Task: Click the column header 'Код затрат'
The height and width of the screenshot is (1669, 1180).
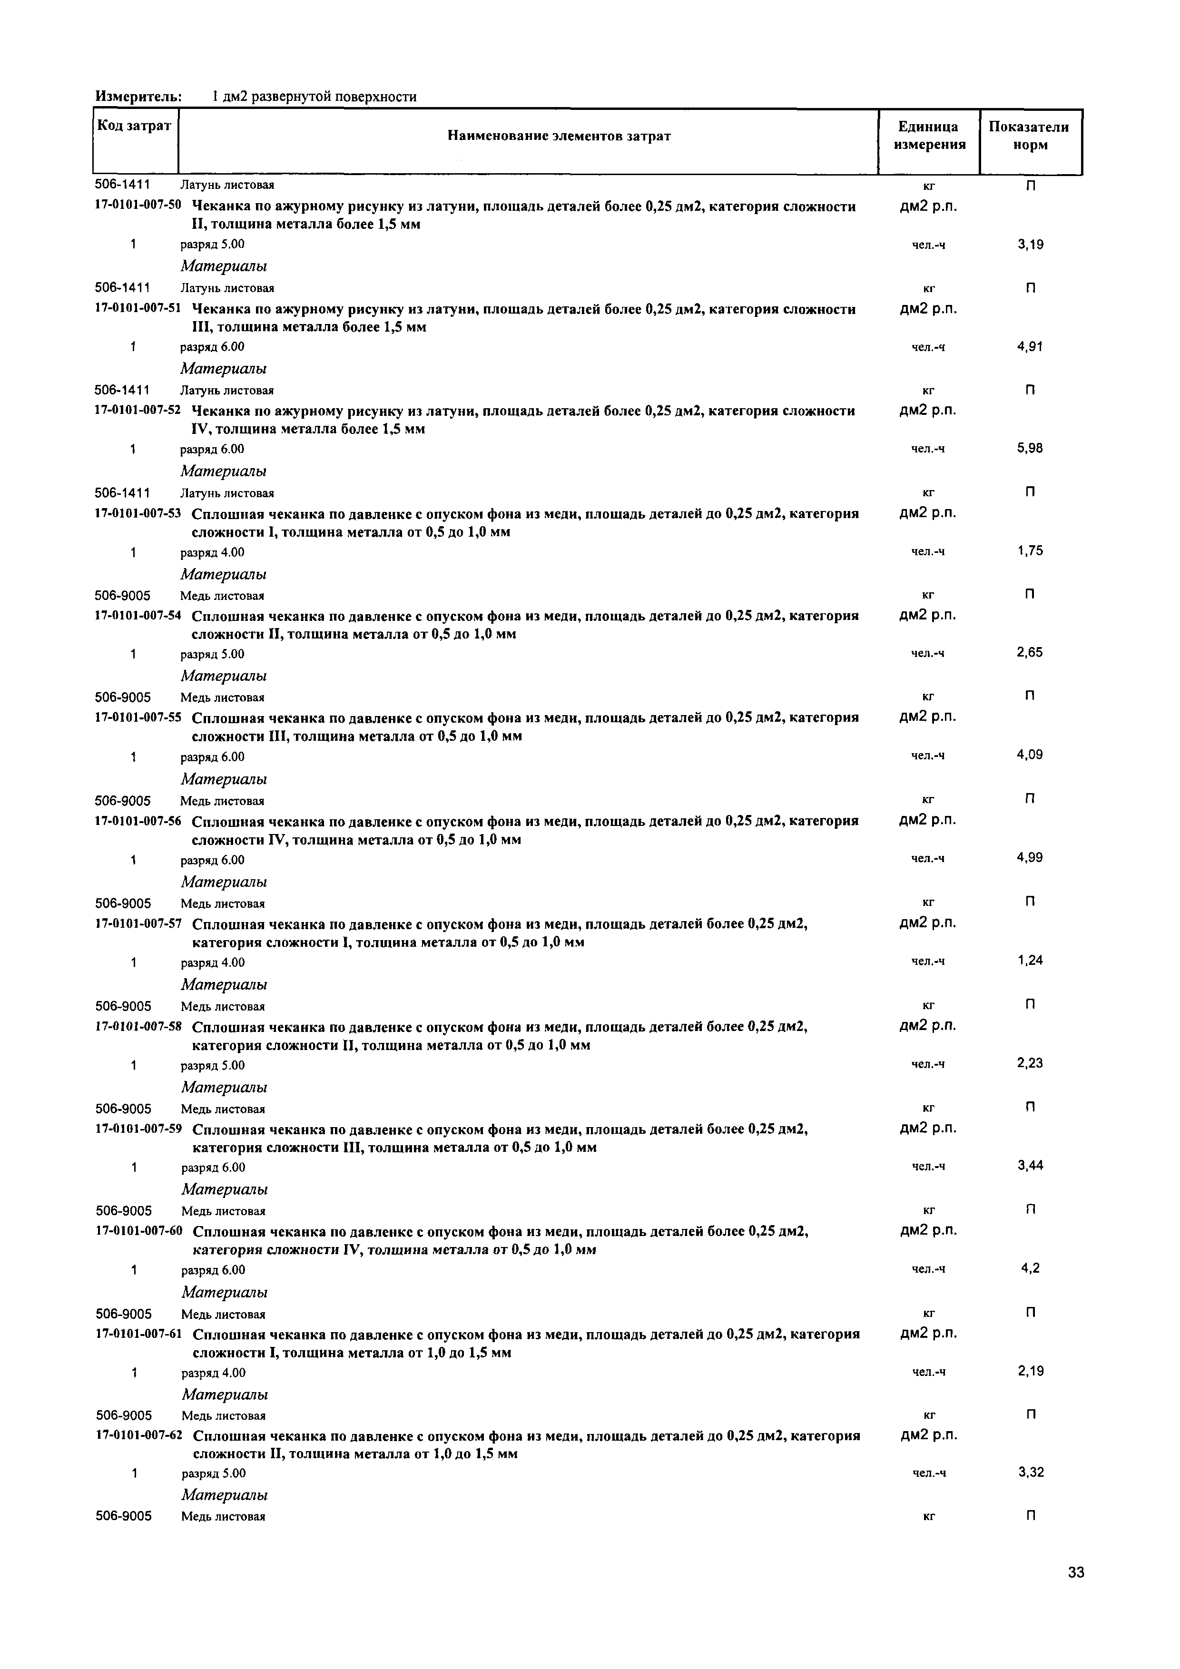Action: pyautogui.click(x=135, y=126)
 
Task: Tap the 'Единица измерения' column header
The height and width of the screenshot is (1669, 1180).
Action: pyautogui.click(x=929, y=136)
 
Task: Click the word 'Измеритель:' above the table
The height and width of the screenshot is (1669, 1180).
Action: pyautogui.click(x=138, y=97)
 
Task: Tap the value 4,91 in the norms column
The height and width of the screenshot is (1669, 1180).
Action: pyautogui.click(x=1030, y=347)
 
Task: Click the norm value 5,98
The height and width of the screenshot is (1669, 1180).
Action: pyautogui.click(x=1030, y=449)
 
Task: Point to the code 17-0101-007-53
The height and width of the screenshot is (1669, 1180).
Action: pyautogui.click(x=138, y=514)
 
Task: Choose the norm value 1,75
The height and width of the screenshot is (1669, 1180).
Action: pyautogui.click(x=1030, y=551)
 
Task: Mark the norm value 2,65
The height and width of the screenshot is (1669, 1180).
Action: pyautogui.click(x=1030, y=653)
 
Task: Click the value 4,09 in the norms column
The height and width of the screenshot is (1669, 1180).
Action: pyautogui.click(x=1030, y=755)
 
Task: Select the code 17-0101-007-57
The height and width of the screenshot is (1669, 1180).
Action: pyautogui.click(x=138, y=924)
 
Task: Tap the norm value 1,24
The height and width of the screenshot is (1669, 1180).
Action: pyautogui.click(x=1030, y=961)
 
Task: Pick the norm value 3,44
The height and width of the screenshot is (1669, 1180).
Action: pyautogui.click(x=1030, y=1166)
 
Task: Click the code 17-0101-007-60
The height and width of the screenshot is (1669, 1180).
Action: pyautogui.click(x=138, y=1232)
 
